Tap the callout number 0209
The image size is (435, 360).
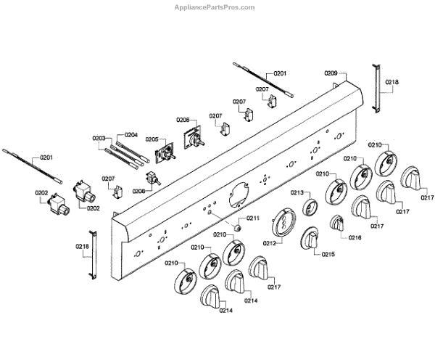[x=331, y=73]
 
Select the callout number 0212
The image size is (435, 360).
[x=270, y=242]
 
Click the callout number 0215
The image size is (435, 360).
[x=328, y=255]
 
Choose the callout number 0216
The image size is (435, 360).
[x=355, y=237]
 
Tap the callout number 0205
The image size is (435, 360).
[x=152, y=139]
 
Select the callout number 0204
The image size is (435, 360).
[x=131, y=134]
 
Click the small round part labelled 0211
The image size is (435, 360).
[x=236, y=228]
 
